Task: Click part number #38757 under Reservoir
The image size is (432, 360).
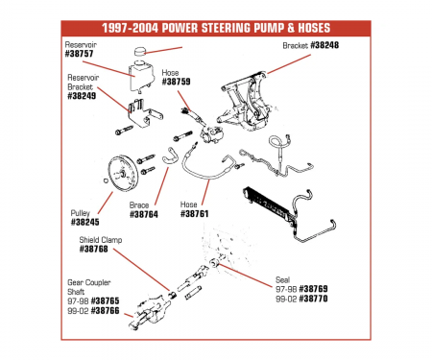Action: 79,54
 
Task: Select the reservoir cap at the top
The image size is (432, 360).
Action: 139,51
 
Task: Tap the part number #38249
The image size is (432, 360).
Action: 82,96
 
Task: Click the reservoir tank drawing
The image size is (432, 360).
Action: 141,76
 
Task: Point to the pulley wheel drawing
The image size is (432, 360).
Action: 123,174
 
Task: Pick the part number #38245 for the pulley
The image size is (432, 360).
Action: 84,222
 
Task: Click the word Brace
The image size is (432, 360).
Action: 139,205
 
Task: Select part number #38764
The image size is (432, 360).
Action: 144,214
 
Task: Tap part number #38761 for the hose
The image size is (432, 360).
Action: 194,214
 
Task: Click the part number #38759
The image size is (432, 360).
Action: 176,82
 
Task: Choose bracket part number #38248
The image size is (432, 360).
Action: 324,45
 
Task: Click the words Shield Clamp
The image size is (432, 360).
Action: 101,240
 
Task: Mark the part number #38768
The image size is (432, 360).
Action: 93,249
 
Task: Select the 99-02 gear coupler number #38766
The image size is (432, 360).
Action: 105,310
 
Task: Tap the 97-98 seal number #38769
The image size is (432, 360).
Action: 313,289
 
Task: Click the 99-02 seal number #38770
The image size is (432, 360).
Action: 313,299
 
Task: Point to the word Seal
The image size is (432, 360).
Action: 282,280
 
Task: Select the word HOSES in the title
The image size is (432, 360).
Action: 314,28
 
